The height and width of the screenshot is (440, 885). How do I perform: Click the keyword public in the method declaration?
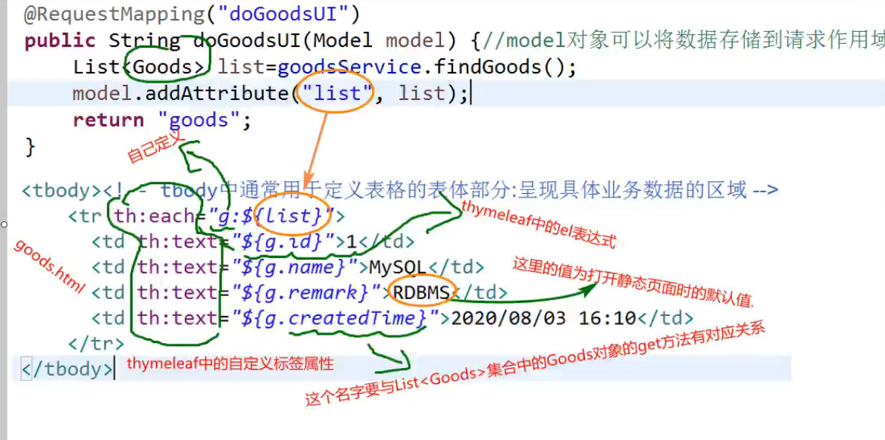(x=60, y=41)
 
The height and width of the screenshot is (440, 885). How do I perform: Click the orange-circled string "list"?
(x=336, y=93)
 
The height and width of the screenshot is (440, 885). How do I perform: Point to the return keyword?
(x=108, y=120)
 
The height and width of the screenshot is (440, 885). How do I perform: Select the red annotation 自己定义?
(x=155, y=146)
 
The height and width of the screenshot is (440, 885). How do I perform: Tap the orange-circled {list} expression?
(x=293, y=217)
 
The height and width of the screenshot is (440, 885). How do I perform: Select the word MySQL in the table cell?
(x=399, y=267)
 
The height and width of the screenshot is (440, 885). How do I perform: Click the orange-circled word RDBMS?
(x=421, y=293)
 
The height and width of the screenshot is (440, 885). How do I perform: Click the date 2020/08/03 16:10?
(x=543, y=318)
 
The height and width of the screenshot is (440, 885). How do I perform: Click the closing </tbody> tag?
(x=67, y=369)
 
